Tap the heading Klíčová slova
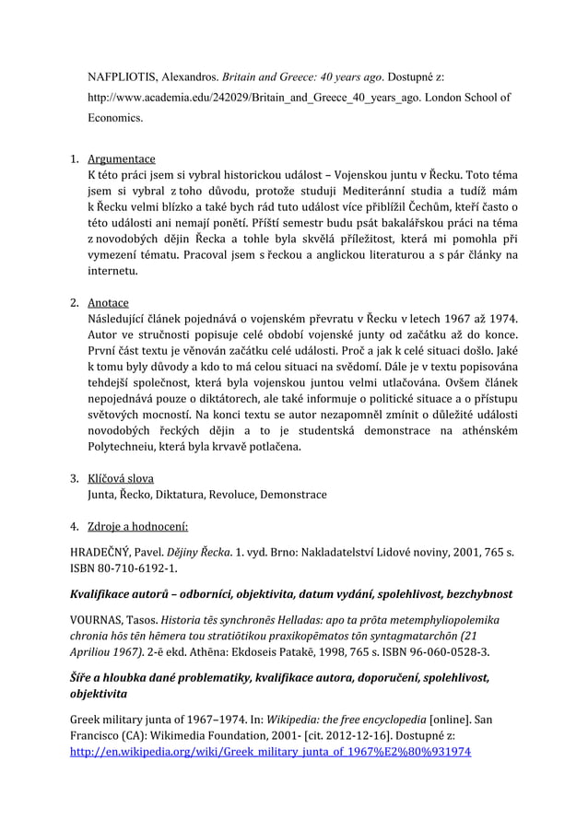(120, 478)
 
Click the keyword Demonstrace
(294, 495)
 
